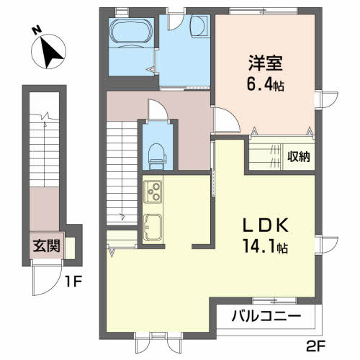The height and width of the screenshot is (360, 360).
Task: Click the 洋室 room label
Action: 265,63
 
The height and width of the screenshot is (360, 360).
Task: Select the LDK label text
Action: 266,225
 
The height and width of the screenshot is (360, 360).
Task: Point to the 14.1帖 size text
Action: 266,246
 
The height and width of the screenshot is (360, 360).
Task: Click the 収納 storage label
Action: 299,156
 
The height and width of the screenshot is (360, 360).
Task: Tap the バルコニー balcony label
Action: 266,315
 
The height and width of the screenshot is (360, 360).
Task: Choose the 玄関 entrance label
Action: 47,246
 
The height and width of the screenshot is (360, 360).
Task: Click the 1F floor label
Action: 73,282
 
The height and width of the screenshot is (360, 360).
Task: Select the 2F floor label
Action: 316,346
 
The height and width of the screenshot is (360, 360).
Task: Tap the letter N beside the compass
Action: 37,31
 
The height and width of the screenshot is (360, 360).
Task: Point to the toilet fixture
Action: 157,156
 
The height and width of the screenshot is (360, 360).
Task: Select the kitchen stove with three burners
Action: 153,192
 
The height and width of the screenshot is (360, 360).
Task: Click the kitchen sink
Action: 153,228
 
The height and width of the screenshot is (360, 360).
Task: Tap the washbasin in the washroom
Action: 199,26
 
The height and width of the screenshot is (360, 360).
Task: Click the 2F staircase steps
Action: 122,173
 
